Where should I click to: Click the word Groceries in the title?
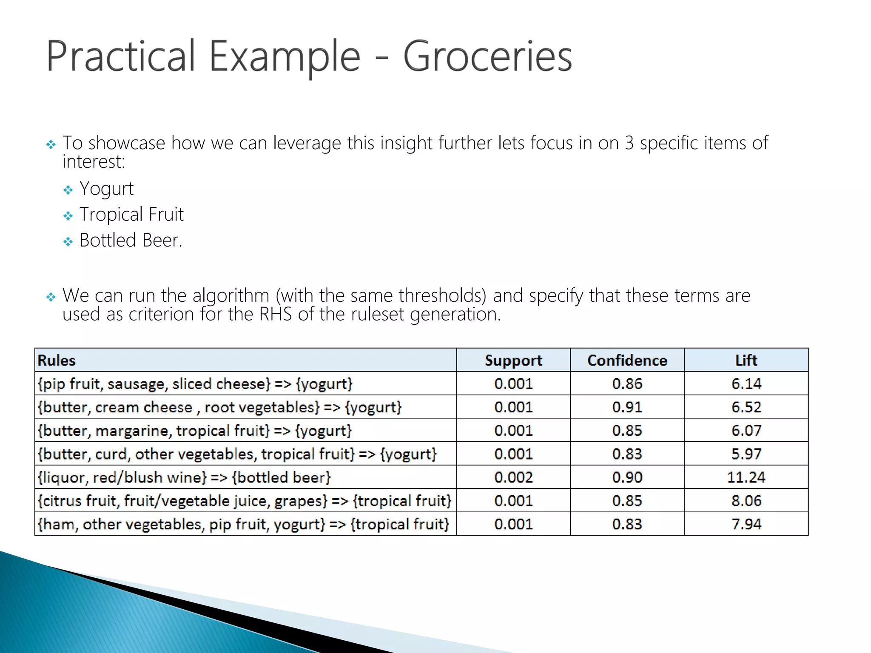pos(487,57)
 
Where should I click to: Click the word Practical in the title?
pos(120,57)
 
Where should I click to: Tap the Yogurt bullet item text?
pos(106,189)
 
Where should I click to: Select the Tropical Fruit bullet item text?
pos(131,215)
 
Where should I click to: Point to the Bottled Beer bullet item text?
pos(131,241)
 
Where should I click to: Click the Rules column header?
pos(57,361)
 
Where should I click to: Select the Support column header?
pos(513,361)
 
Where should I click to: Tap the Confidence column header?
pos(627,361)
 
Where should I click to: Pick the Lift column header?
pos(746,361)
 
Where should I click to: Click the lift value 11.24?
pos(746,477)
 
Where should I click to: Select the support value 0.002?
pos(513,477)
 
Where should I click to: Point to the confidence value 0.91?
pos(627,407)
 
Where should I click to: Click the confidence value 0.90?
pos(627,477)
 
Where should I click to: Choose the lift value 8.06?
pos(746,501)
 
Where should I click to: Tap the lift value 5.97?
pos(746,454)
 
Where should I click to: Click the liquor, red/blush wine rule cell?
pos(184,477)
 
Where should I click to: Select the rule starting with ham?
pos(243,524)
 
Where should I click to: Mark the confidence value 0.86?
pos(627,384)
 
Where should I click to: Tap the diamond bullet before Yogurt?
pos(68,190)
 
